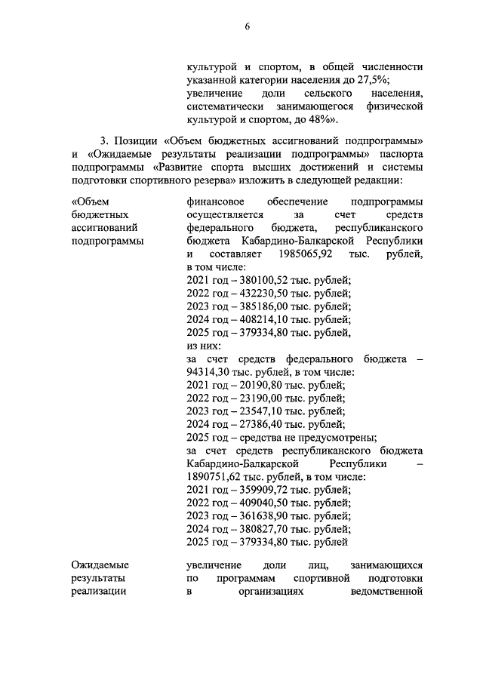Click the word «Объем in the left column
[90, 202]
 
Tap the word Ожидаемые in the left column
[100, 565]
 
